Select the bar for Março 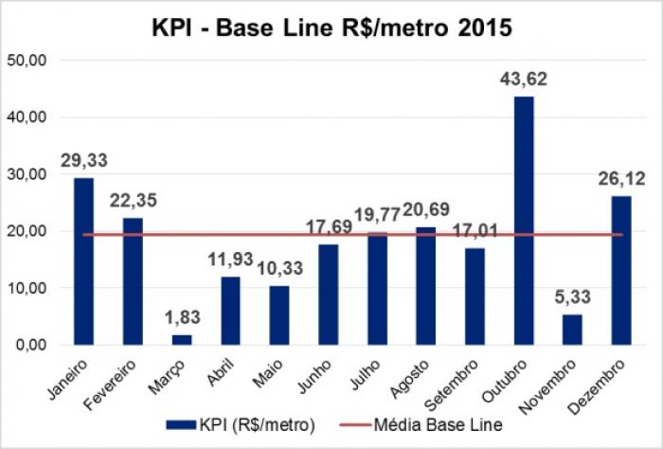(x=182, y=338)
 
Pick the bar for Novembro (x=573, y=329)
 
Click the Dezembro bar (x=621, y=270)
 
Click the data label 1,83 (x=181, y=317)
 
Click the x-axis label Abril (x=221, y=369)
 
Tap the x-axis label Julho (x=367, y=370)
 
